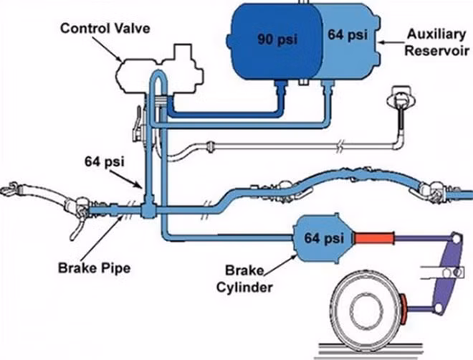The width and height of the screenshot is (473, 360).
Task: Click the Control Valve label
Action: coord(105,29)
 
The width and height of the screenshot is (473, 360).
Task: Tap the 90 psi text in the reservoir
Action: coord(277,39)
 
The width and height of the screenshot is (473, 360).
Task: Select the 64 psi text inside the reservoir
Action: coord(348,34)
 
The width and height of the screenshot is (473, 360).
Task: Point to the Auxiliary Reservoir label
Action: coord(436,42)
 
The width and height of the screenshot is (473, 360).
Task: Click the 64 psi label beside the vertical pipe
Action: coord(105,162)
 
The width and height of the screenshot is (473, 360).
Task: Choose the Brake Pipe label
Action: coord(94,268)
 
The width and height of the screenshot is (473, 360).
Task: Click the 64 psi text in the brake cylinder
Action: coord(324,238)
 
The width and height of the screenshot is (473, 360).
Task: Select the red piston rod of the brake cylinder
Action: coord(374,238)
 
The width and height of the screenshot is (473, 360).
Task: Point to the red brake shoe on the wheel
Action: coord(403,308)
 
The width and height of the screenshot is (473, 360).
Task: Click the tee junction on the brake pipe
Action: coord(148,207)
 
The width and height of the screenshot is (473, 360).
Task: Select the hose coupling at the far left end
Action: coord(9,189)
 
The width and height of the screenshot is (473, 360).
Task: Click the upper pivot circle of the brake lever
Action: coord(457,239)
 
